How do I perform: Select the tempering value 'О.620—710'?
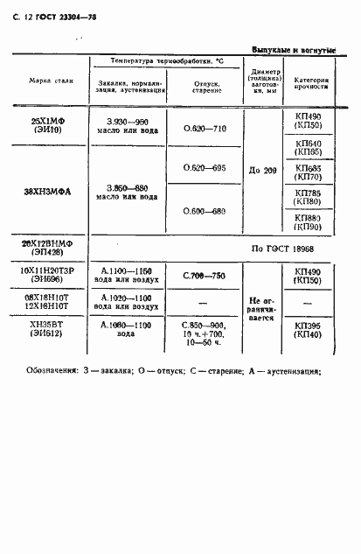tap(205, 128)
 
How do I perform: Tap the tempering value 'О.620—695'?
tap(205, 167)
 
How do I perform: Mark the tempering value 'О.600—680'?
tap(205, 211)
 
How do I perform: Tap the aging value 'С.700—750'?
tap(205, 276)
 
